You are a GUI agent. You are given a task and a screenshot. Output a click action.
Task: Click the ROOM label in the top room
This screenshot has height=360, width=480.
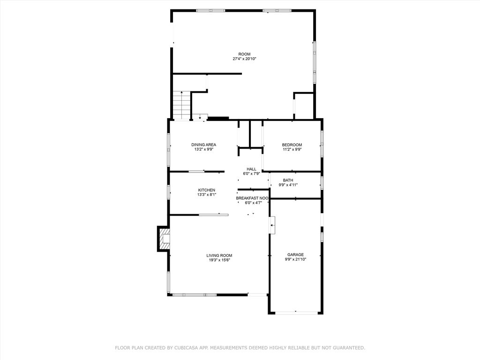pos(244,54)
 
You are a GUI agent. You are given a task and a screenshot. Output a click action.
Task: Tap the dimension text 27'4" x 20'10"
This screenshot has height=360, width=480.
pos(244,59)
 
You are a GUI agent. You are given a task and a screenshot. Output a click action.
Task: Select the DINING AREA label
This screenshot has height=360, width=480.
pos(203,144)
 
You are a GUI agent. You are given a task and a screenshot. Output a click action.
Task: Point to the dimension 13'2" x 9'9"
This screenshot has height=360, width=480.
pos(203,150)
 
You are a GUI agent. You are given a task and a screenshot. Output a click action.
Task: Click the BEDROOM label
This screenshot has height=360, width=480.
pos(292,144)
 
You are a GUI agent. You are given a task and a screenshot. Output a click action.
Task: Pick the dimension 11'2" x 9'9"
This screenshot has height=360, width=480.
pos(292,150)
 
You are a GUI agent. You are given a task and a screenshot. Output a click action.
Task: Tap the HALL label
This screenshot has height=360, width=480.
pos(251,169)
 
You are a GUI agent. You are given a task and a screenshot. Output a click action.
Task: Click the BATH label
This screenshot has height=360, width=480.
pos(288,180)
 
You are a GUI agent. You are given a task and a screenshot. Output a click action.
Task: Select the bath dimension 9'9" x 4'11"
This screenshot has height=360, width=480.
pos(288,185)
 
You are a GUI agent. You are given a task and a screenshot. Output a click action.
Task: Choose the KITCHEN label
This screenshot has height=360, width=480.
pos(206,190)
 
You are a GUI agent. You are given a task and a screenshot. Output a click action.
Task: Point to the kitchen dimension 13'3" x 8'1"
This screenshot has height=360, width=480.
pos(206,195)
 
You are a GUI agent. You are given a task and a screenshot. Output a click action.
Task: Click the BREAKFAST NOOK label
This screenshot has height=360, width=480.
pos(252,198)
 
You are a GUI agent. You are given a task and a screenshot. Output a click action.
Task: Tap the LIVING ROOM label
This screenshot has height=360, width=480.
pos(219,255)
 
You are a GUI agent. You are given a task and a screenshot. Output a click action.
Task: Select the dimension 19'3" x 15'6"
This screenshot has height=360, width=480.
pos(219,260)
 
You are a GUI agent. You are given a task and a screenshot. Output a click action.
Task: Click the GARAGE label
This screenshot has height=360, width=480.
pos(295,255)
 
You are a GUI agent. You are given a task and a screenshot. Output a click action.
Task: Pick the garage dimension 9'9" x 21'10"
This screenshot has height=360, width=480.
pos(295,259)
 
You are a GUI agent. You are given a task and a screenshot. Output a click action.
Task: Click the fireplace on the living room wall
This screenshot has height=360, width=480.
pos(164,239)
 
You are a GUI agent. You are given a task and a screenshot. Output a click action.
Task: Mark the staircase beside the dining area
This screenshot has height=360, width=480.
pos(181,105)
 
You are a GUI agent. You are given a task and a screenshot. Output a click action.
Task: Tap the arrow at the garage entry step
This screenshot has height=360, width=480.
pos(272,225)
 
